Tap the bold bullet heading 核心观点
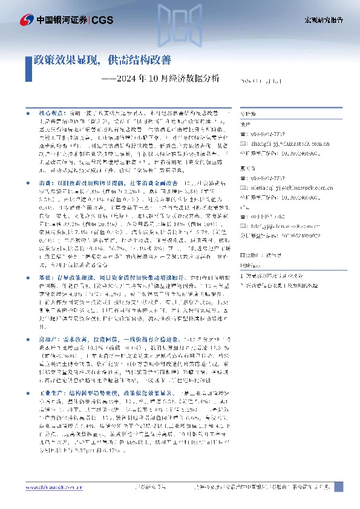pyautogui.click(x=53, y=113)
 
